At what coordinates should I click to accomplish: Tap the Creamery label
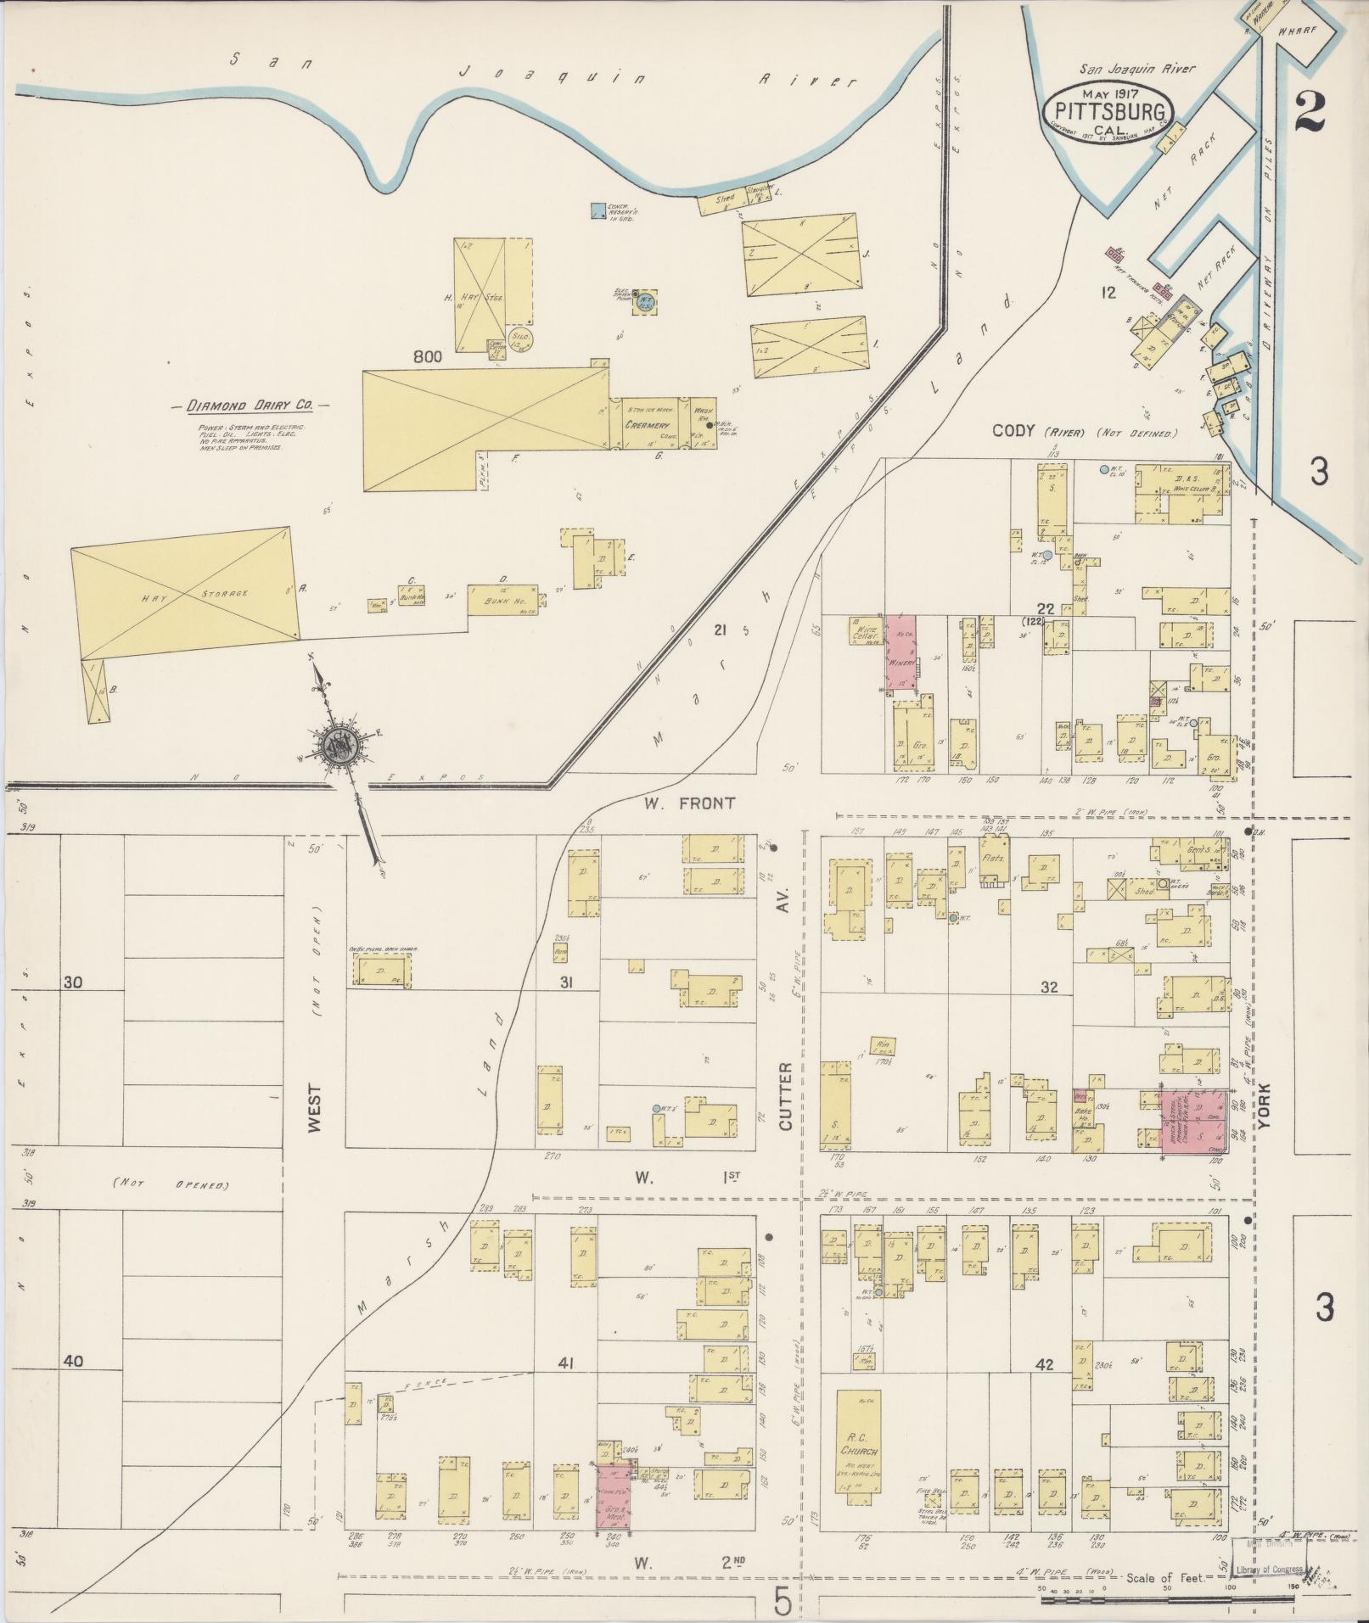pyautogui.click(x=648, y=424)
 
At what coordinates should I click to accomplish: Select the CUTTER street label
pyautogui.click(x=785, y=1095)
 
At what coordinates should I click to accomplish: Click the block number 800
pyautogui.click(x=427, y=358)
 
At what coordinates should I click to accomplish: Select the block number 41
pyautogui.click(x=567, y=1363)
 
